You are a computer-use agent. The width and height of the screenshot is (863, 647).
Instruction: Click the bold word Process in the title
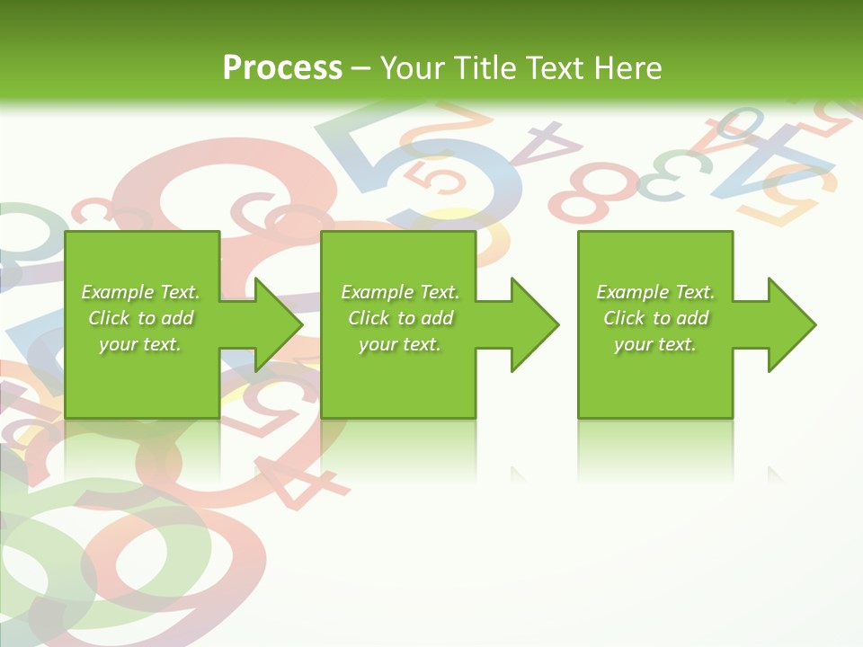click(282, 67)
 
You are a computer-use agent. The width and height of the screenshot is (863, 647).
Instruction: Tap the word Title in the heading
click(482, 68)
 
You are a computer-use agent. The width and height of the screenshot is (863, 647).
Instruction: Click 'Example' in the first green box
click(117, 292)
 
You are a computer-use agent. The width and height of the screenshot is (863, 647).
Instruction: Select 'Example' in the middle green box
click(377, 292)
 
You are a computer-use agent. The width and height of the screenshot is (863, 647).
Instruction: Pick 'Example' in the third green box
click(632, 292)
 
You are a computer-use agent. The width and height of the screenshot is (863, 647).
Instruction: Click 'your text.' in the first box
click(139, 344)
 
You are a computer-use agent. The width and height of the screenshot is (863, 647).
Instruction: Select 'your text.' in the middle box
click(399, 344)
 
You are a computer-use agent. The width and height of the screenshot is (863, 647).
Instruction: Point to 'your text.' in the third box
click(654, 344)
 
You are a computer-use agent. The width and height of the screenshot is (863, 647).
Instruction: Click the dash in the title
click(361, 68)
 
